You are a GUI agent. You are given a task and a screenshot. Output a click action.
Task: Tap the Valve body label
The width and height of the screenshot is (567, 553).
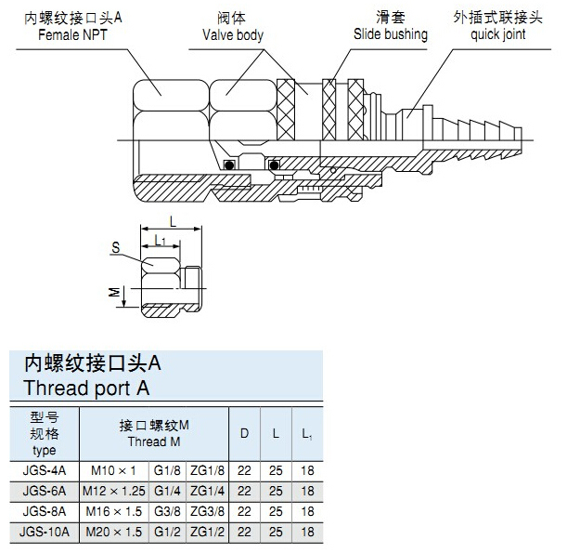click(233, 35)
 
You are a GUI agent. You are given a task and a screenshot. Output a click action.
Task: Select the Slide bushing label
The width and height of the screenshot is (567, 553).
click(391, 35)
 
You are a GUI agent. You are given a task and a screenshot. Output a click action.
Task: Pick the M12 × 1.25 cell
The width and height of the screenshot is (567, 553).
click(115, 491)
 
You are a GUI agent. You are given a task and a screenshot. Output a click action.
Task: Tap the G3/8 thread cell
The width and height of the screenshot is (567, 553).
click(168, 511)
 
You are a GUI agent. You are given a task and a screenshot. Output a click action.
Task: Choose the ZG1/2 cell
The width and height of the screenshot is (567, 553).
click(207, 531)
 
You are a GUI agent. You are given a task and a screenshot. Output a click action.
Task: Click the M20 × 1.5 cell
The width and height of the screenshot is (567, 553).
click(115, 531)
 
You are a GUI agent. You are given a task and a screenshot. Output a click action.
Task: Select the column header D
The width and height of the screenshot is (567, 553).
click(245, 433)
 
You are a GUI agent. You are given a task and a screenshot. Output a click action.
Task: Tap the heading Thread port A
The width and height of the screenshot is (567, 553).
click(86, 388)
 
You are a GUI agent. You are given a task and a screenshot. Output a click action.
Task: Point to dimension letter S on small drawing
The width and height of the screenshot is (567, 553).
click(115, 248)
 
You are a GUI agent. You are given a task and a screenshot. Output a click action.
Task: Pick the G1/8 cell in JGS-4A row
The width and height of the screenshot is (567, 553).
click(168, 471)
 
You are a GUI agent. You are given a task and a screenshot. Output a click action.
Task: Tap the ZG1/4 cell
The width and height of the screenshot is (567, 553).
click(207, 491)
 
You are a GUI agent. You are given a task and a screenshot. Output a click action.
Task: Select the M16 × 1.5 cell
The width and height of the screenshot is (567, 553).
click(115, 511)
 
